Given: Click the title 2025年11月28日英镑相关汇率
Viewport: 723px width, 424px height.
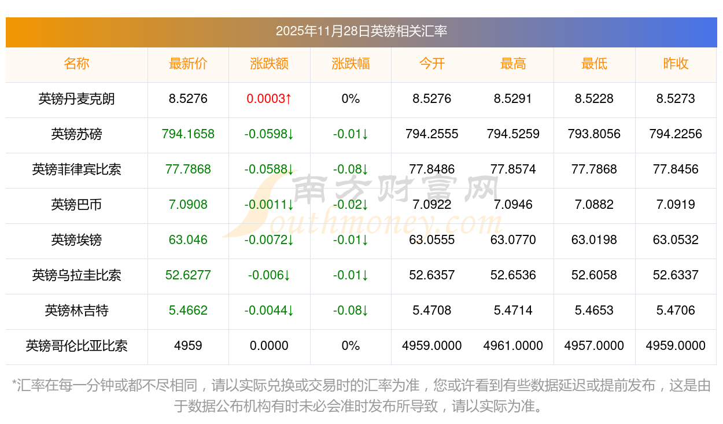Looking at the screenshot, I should [361, 31].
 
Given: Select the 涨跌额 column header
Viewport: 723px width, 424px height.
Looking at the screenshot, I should [269, 64].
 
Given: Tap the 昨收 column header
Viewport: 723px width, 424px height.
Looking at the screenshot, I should [675, 64].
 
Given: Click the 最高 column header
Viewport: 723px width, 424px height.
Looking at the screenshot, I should [513, 64].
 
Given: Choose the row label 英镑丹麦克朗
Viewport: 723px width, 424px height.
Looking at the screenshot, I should [76, 99].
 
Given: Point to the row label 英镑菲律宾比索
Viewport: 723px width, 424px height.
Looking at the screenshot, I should [76, 169].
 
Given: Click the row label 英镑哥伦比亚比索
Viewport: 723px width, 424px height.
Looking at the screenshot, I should [76, 346].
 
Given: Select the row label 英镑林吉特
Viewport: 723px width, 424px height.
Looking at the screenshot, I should [76, 311].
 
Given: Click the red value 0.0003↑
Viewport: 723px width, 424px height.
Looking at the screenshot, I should [269, 99].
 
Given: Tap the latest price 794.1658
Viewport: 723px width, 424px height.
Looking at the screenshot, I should [188, 134].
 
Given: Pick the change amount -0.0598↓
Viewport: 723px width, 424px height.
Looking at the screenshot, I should [269, 134].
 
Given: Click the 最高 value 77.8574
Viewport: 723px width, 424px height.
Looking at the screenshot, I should [513, 169].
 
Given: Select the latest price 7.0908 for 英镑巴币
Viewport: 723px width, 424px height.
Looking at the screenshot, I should [188, 205].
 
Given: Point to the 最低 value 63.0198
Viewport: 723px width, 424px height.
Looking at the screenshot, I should [594, 240].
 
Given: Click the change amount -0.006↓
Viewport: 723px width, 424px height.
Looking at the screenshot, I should [269, 275].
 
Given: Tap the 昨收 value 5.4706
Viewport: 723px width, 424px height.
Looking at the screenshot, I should [675, 311].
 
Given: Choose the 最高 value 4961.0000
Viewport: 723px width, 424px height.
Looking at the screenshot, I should [513, 346].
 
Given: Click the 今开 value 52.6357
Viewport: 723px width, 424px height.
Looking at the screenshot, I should [431, 275].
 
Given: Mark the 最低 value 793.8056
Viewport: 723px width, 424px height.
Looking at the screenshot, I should [594, 134].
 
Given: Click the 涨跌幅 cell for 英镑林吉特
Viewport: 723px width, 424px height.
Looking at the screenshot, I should [351, 311].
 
